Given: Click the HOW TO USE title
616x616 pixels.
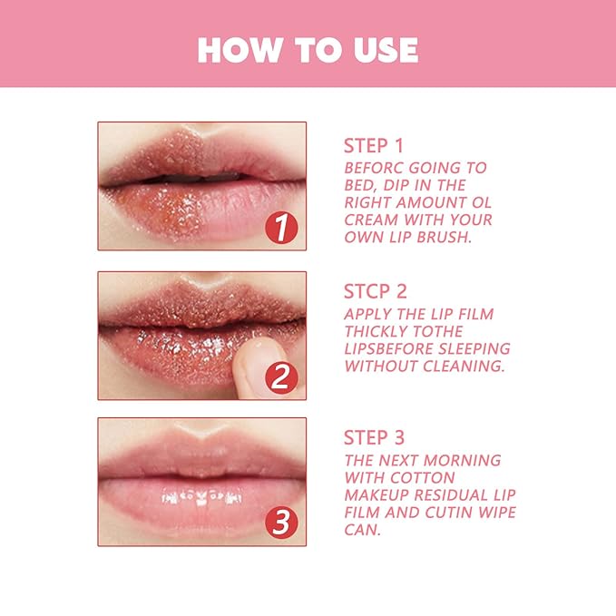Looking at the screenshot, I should pos(308,49).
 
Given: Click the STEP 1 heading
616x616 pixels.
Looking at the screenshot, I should pos(374,145).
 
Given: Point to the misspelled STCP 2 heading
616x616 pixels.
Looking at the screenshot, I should pos(375,292).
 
